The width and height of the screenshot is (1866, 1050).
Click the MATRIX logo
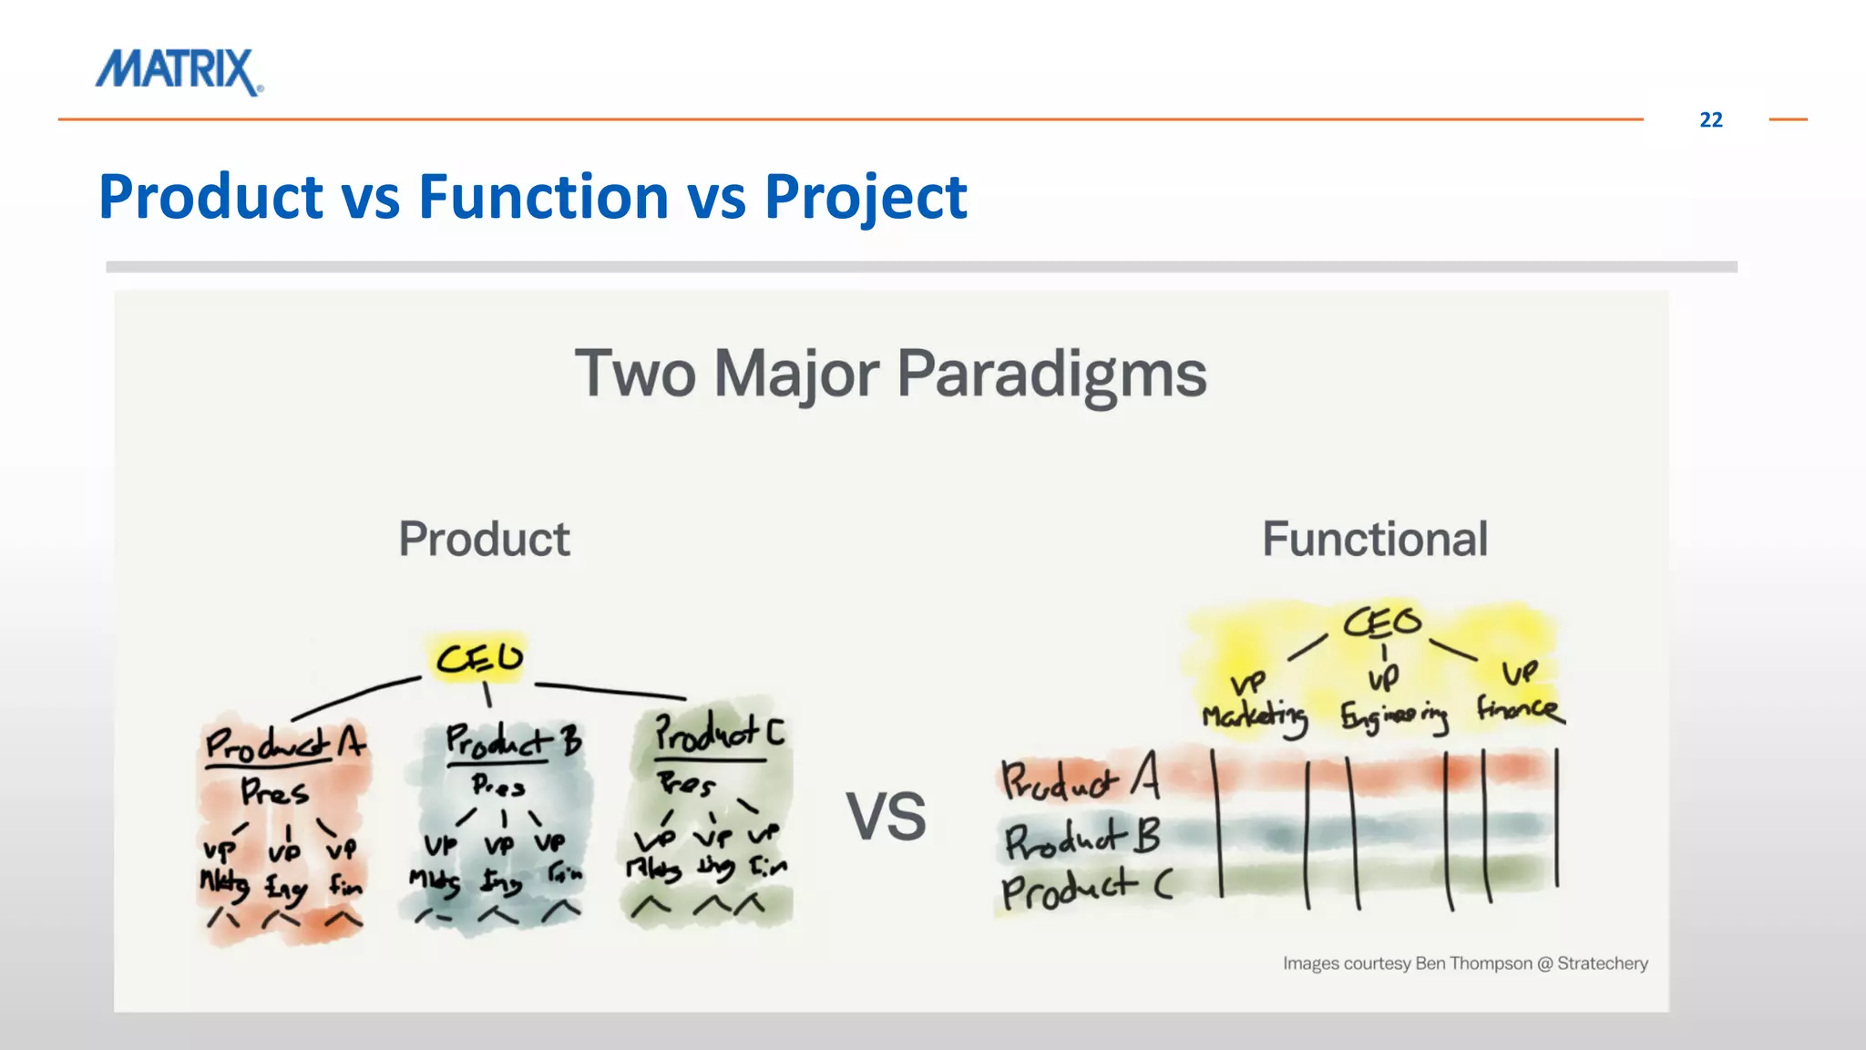coord(179,71)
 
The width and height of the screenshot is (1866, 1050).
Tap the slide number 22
coord(1710,120)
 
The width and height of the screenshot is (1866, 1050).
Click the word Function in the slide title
coord(543,197)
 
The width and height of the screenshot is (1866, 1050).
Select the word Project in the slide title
coord(865,197)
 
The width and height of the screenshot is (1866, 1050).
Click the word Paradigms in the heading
coord(1051,374)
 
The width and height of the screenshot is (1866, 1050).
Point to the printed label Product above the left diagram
coord(484,539)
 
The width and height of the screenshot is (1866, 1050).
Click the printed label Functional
coord(1374,539)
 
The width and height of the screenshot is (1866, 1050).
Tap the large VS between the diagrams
coord(886,817)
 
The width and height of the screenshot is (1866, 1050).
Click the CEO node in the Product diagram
coord(479,658)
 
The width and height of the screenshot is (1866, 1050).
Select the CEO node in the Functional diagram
coord(1381,623)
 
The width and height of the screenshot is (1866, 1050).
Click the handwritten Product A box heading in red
coord(284,744)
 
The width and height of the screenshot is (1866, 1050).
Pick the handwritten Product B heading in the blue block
coord(512,741)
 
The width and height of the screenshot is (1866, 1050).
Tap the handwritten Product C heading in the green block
coord(719,733)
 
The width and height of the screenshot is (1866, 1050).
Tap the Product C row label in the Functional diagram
coord(1084,888)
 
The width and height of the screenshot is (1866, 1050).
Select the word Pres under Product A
coord(274,791)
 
